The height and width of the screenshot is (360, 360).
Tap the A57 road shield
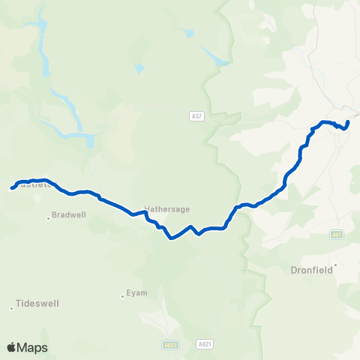[196, 116]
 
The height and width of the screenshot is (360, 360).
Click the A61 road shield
[337, 235]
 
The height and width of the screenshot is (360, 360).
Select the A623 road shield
[170, 344]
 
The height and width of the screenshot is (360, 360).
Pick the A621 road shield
[205, 344]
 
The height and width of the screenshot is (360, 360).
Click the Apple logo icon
[12, 347]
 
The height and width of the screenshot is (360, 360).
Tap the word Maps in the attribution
[32, 348]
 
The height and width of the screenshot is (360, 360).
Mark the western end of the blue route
[12, 188]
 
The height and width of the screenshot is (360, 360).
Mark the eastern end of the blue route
[348, 122]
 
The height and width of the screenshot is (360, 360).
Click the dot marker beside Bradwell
[49, 218]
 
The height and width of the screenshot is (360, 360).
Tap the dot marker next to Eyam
[123, 295]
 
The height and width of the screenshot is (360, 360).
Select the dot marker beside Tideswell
[12, 307]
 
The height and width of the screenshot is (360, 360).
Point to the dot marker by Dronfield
[336, 265]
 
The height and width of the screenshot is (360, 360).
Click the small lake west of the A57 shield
[139, 69]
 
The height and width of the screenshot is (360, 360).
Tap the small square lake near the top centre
[188, 33]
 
